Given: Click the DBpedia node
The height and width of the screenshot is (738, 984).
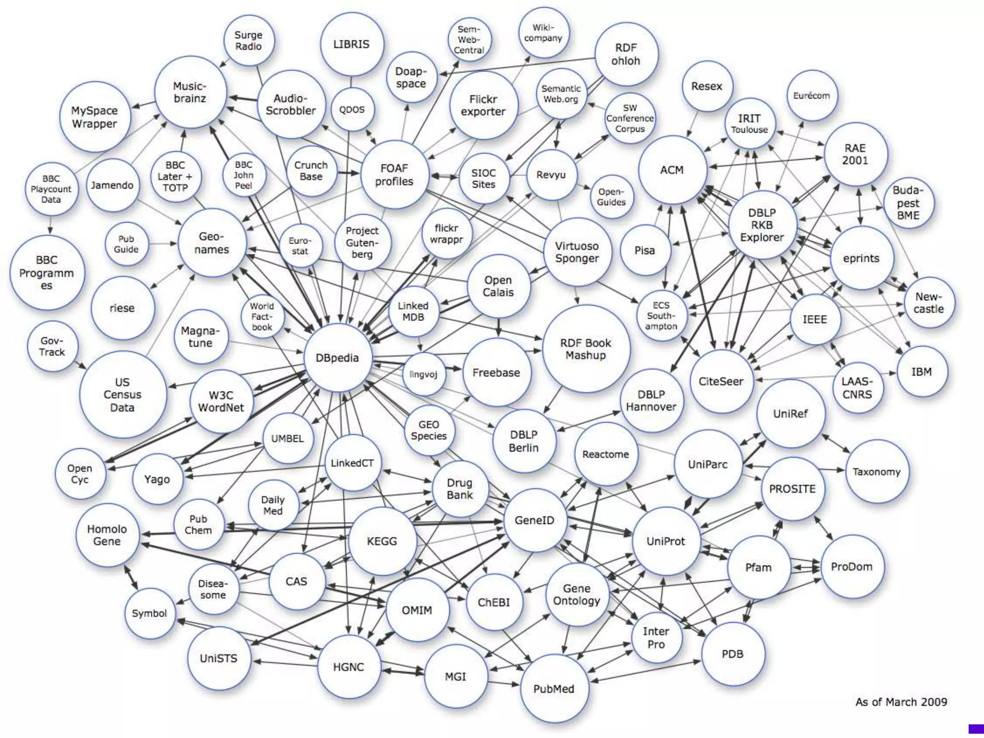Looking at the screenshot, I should [337, 357].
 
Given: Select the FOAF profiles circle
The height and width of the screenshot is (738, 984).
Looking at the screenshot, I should [394, 175].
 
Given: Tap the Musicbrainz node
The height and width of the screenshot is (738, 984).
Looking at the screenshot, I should [190, 92].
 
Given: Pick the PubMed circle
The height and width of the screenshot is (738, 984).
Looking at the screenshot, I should [553, 689].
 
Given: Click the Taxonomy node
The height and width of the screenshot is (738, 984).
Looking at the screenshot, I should [876, 471].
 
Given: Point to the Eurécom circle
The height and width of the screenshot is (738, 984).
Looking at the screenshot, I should [812, 96].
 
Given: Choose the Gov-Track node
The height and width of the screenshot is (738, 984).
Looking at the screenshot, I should [52, 346].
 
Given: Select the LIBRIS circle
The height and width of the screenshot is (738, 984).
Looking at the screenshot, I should [352, 44].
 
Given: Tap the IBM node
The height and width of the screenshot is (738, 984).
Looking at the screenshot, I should [922, 371].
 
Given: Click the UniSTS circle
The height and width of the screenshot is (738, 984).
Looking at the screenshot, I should [219, 658].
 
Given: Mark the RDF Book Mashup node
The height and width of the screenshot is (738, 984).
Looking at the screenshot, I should [585, 349].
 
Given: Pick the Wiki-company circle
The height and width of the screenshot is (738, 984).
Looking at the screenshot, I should [543, 33].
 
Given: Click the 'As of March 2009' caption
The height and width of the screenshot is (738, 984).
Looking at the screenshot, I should [901, 702].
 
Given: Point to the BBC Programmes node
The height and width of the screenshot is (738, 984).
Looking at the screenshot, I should [47, 272].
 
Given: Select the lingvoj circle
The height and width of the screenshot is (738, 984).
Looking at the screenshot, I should [423, 374].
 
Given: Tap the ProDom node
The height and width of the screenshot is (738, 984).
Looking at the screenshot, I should [851, 566].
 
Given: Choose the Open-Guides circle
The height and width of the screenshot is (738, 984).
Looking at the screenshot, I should [611, 197].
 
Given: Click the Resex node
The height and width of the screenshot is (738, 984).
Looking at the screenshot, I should [707, 86].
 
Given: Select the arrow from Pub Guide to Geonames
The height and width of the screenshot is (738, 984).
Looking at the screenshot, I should [163, 244].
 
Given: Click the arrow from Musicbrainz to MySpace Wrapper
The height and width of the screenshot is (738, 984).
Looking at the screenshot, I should [143, 105].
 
